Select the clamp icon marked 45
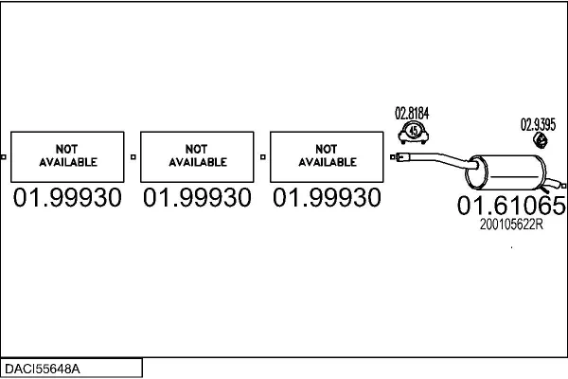tap(413, 132)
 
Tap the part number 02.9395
tap(538, 124)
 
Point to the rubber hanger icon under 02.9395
tap(541, 141)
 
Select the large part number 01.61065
tap(511, 206)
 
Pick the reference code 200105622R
tap(511, 224)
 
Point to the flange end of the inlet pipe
tap(397, 155)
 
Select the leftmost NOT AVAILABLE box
tap(68, 156)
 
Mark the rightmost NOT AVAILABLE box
tap(327, 156)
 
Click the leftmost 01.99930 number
tap(68, 198)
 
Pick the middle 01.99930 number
tap(198, 198)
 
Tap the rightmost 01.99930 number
tap(327, 198)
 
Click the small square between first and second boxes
tap(133, 156)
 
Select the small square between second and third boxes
tap(262, 156)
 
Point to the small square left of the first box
tap(4, 156)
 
